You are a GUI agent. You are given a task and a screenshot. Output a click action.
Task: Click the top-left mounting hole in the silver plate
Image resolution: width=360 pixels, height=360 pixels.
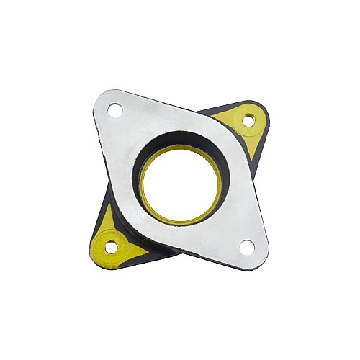tap(114, 109)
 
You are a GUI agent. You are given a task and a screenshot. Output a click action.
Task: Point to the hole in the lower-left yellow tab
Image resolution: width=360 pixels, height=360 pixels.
tap(111, 247)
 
